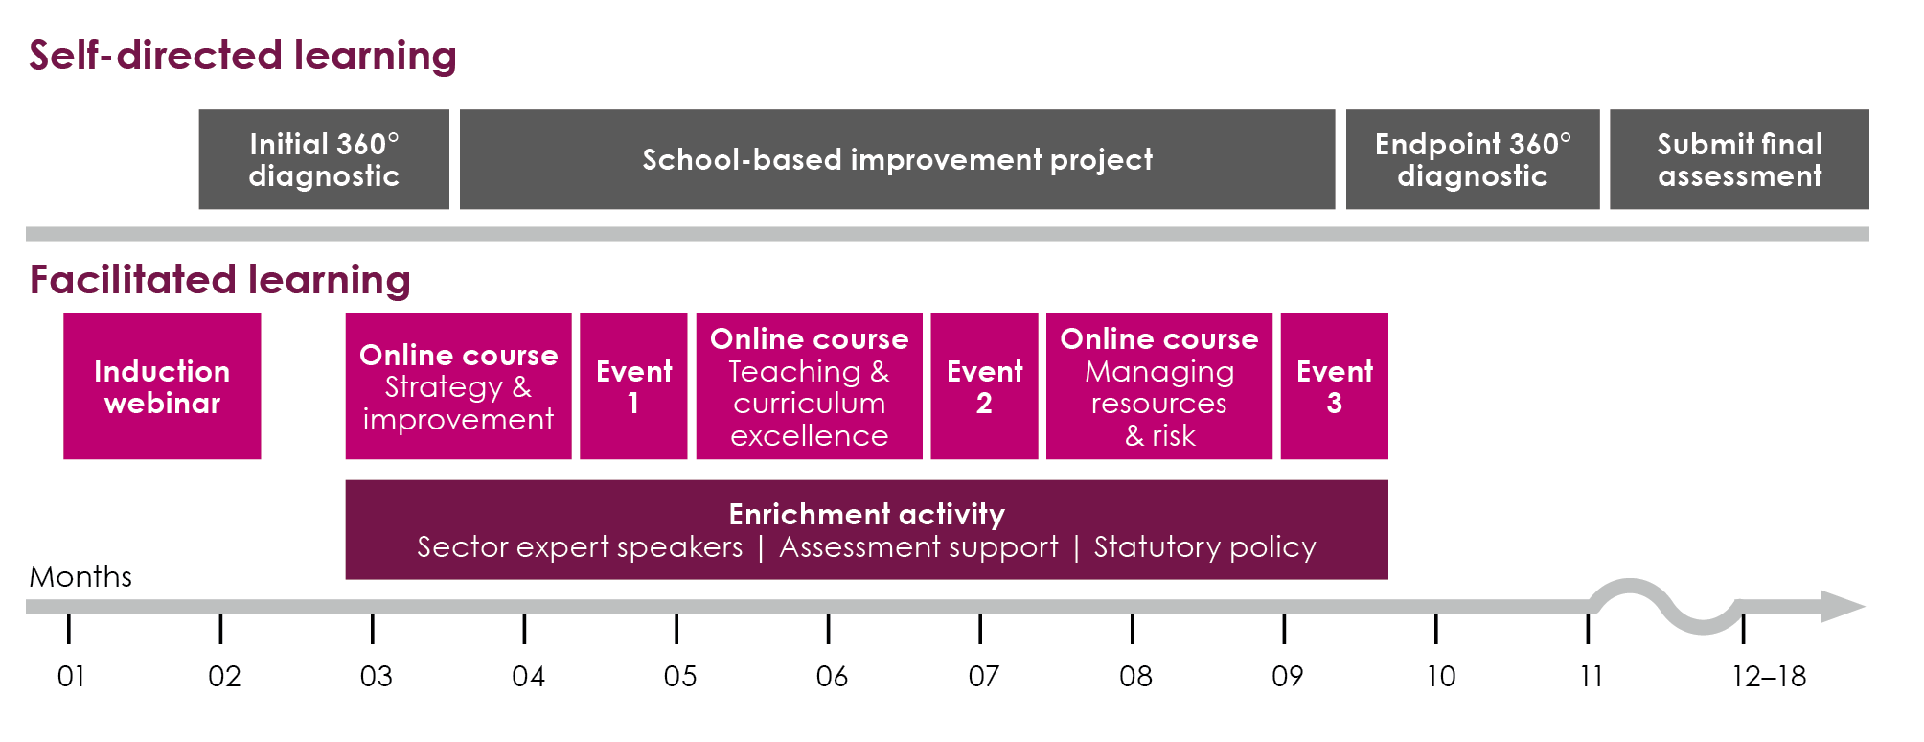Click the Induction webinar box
(x=162, y=386)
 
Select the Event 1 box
(x=633, y=386)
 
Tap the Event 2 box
(x=984, y=386)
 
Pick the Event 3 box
(x=1334, y=386)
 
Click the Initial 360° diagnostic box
(x=324, y=159)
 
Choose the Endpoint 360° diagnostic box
(x=1473, y=159)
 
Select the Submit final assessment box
(x=1739, y=159)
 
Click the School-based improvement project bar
(x=897, y=159)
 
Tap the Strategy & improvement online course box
(x=458, y=386)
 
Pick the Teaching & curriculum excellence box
(x=809, y=386)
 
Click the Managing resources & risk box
(x=1159, y=386)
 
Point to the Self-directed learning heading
(x=242, y=56)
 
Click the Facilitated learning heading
(x=220, y=280)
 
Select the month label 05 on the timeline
(x=680, y=677)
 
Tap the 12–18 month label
(x=1769, y=677)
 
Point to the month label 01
(x=71, y=677)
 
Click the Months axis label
(x=80, y=576)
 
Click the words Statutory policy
(x=1204, y=547)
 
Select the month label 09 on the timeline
(x=1287, y=677)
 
